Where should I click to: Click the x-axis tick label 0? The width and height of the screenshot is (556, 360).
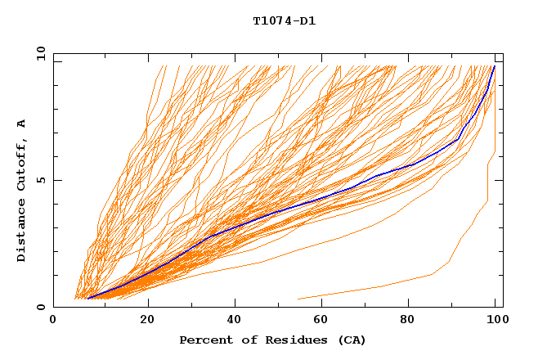tap(53, 322)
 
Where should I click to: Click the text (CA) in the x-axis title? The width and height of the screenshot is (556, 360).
tap(352, 340)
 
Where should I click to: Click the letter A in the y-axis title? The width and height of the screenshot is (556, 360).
tap(22, 124)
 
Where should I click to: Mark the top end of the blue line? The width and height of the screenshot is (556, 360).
tap(494, 66)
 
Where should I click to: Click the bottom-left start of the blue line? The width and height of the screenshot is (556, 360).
tap(87, 298)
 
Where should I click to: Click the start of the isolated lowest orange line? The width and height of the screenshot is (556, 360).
tap(298, 299)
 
